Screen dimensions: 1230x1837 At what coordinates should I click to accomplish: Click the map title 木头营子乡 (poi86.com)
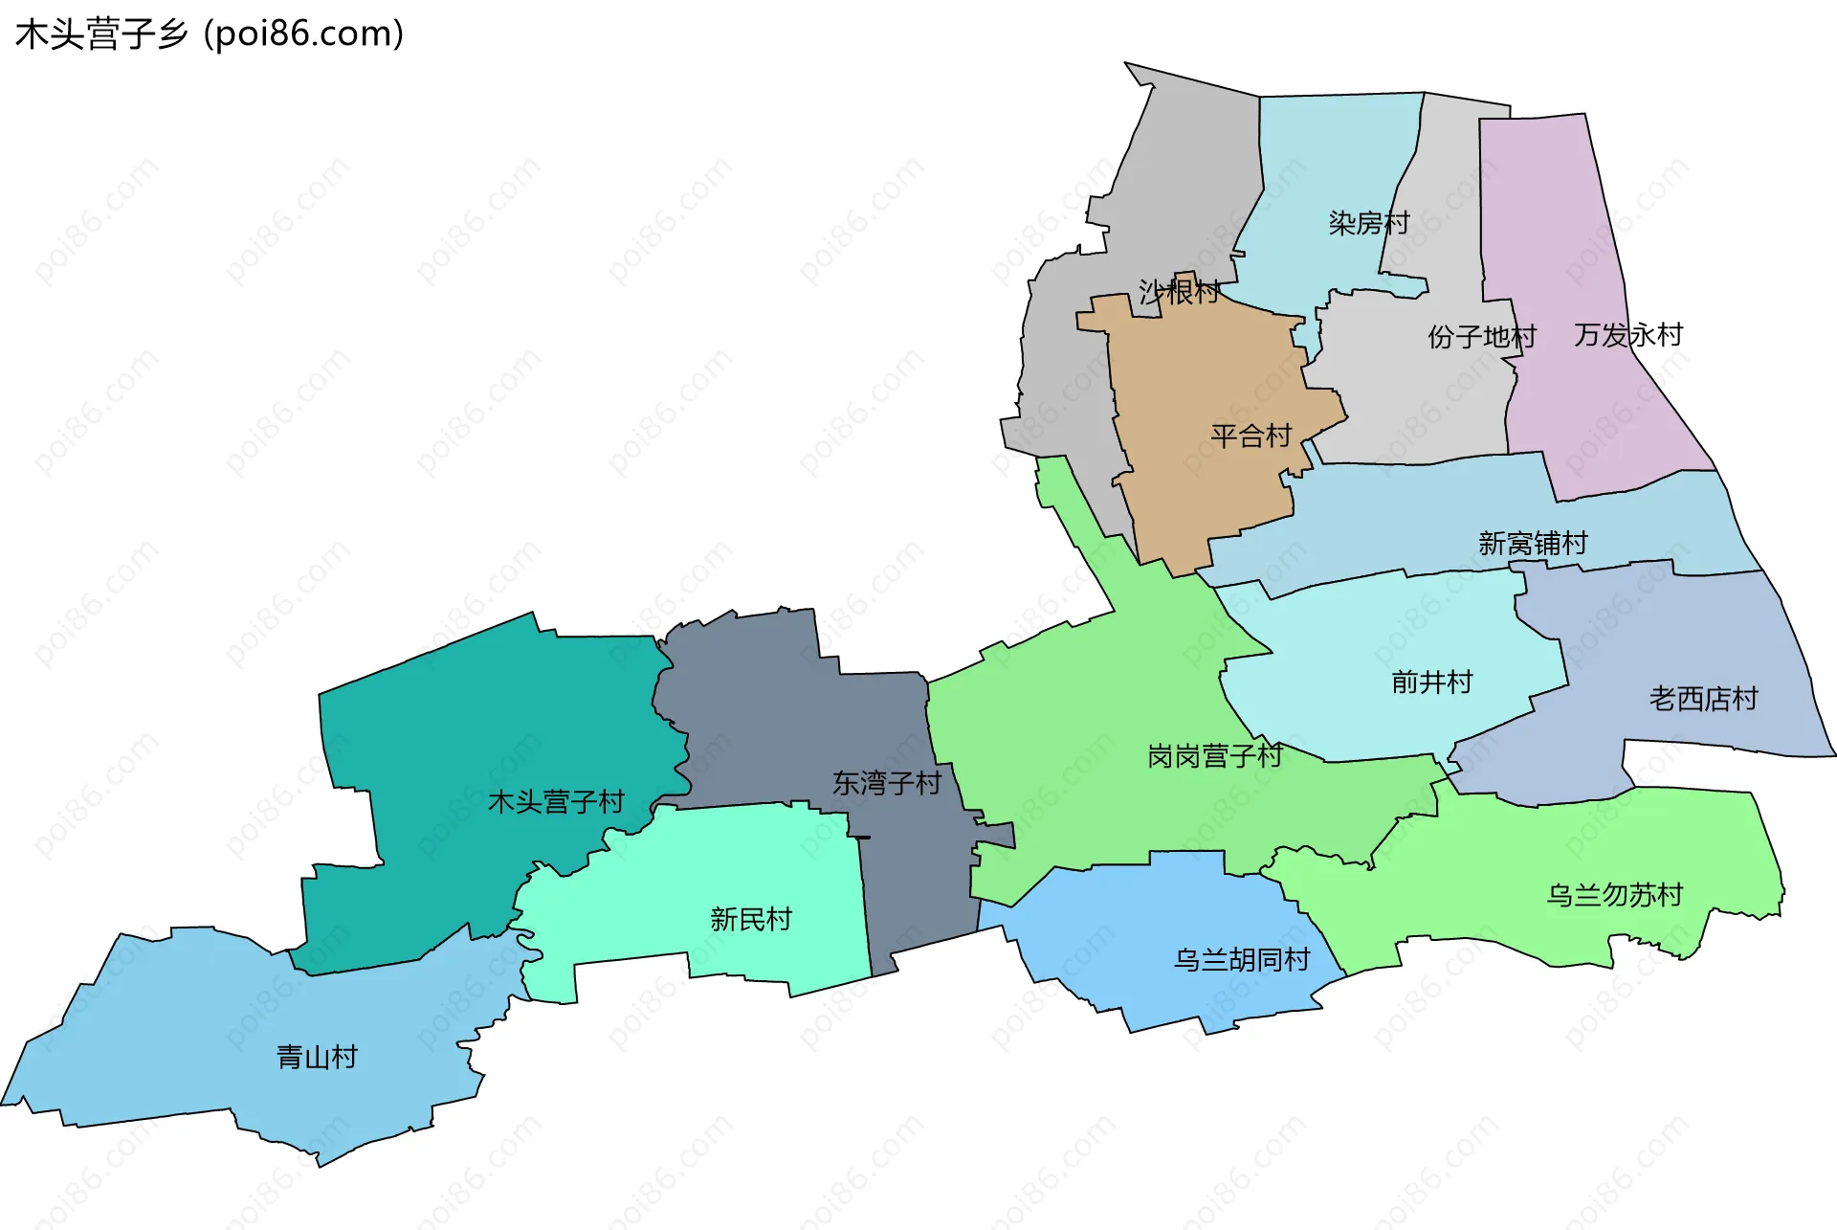(210, 34)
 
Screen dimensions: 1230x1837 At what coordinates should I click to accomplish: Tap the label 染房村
(1369, 223)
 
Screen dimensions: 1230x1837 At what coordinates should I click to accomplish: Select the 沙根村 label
(1179, 291)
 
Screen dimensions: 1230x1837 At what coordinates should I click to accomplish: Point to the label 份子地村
(1481, 337)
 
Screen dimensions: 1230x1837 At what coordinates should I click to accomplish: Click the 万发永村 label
(1627, 335)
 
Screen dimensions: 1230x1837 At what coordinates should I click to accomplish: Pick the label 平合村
(1250, 436)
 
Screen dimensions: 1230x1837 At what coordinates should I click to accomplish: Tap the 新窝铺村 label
(1533, 544)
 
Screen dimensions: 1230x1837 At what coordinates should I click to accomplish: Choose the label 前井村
(1431, 682)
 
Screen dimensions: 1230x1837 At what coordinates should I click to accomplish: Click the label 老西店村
(1703, 699)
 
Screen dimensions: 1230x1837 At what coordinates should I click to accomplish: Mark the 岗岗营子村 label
(1214, 756)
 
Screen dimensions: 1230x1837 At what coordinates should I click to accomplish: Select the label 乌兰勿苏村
(1614, 895)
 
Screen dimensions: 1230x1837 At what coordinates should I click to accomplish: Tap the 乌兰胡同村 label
(1242, 959)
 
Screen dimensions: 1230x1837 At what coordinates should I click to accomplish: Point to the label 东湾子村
(886, 783)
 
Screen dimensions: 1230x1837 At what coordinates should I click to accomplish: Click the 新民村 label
(751, 919)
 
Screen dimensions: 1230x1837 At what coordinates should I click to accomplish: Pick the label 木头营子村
(556, 801)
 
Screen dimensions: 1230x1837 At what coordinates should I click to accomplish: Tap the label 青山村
(317, 1057)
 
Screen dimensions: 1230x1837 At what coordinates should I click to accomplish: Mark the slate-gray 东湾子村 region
(765, 708)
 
